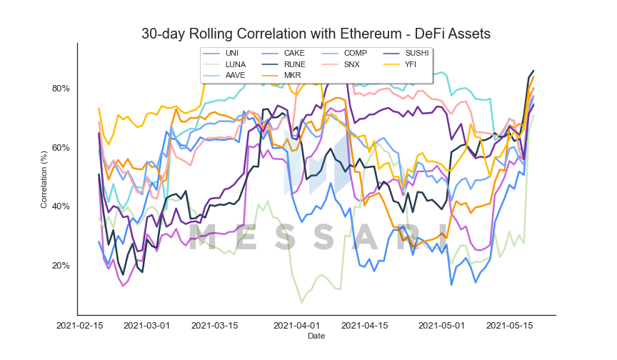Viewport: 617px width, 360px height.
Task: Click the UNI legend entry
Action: (x=221, y=53)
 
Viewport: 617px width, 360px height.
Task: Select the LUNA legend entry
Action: (x=224, y=64)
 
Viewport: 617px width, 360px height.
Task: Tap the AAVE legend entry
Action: (x=224, y=75)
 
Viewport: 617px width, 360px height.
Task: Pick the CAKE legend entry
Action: (x=283, y=53)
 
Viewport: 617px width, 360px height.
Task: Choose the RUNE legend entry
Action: (x=284, y=64)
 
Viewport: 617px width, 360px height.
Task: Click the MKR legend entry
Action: (x=281, y=75)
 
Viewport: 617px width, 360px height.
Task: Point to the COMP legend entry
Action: (x=344, y=53)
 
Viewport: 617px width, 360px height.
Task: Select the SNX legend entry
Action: (x=341, y=64)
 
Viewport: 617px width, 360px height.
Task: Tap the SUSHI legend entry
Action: (x=406, y=53)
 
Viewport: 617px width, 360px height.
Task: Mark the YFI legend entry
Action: (x=399, y=64)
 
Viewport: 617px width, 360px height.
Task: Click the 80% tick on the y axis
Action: (x=61, y=88)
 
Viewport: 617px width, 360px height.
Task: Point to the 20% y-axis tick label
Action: (x=61, y=266)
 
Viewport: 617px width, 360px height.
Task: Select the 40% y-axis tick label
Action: (x=61, y=206)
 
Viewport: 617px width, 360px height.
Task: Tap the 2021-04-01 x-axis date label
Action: (x=296, y=326)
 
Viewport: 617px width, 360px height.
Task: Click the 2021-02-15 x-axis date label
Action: (x=80, y=326)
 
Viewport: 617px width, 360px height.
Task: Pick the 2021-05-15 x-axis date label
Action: (x=510, y=326)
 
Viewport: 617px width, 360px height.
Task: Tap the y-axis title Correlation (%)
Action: (x=44, y=179)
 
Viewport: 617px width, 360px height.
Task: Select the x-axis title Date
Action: (x=316, y=336)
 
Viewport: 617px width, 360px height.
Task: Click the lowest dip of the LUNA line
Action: (x=302, y=302)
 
